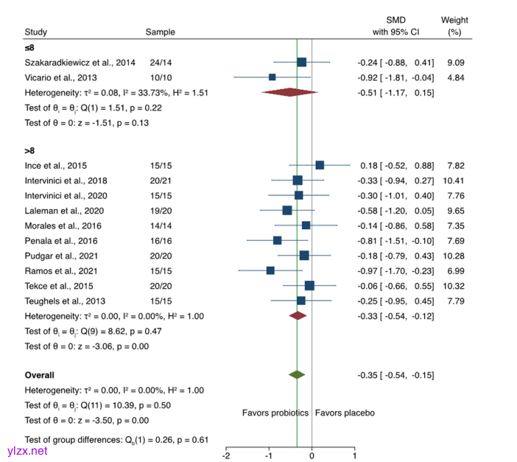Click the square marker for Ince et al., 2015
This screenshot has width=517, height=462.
[x=320, y=165]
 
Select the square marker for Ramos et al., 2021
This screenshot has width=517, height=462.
[x=270, y=270]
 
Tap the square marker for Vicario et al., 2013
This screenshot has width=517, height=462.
[x=272, y=77]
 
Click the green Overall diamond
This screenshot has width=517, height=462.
[x=297, y=375]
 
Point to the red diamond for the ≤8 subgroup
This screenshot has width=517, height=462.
[x=289, y=92]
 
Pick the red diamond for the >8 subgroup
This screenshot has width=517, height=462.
[x=298, y=315]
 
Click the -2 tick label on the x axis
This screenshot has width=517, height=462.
[x=226, y=455]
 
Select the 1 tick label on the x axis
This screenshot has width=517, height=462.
[x=354, y=455]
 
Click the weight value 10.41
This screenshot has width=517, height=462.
[x=454, y=180]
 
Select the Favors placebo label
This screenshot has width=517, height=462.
[x=345, y=413]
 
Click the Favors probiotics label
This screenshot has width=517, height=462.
[x=275, y=413]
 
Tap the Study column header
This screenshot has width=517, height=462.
[x=35, y=32]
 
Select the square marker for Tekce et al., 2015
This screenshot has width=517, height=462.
[x=309, y=285]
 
